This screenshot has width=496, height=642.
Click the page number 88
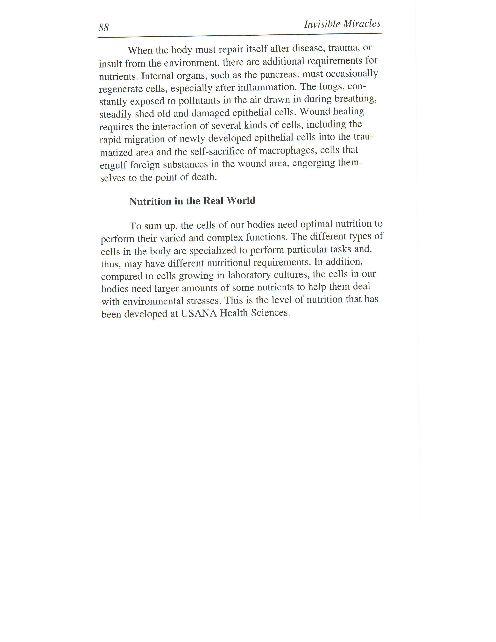103,28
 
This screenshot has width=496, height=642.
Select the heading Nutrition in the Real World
192,201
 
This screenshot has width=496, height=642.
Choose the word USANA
199,313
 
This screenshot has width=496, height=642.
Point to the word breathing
356,99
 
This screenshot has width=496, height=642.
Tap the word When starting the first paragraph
140,51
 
